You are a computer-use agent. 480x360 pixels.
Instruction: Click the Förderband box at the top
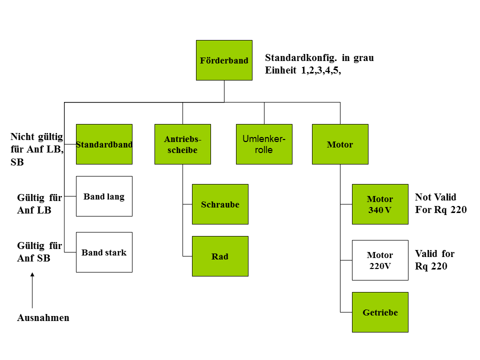coord(224,60)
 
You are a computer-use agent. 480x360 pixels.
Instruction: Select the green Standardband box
coord(104,144)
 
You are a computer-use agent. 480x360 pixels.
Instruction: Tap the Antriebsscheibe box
coord(182,144)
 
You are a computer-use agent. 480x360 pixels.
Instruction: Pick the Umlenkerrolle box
coord(264,144)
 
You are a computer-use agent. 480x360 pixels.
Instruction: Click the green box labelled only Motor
coord(340,144)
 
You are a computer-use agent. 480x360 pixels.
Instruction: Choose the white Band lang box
coord(104,196)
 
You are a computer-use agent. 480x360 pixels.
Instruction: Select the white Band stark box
coord(104,252)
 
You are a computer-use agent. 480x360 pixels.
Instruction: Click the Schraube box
coord(220,204)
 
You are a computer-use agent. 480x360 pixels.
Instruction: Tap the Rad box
coord(220,256)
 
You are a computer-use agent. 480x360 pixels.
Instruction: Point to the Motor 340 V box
coord(380,204)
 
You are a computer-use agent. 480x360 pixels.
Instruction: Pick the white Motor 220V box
coord(380,260)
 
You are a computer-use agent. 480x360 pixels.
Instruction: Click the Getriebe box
coord(380,312)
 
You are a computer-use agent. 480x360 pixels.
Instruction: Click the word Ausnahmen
coord(43,318)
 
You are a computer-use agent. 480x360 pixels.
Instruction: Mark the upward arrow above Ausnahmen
coord(32,290)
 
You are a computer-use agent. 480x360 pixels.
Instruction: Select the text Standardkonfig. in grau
coord(319,58)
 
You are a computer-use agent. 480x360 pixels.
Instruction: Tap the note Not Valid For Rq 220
coord(440,203)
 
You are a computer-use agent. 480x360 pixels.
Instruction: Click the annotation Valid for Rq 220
coord(434,260)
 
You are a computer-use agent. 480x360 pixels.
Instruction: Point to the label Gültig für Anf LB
coord(39,204)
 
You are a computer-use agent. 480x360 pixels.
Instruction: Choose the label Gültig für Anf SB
coord(39,252)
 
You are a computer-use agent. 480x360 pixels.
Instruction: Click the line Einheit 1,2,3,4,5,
coord(303,70)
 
